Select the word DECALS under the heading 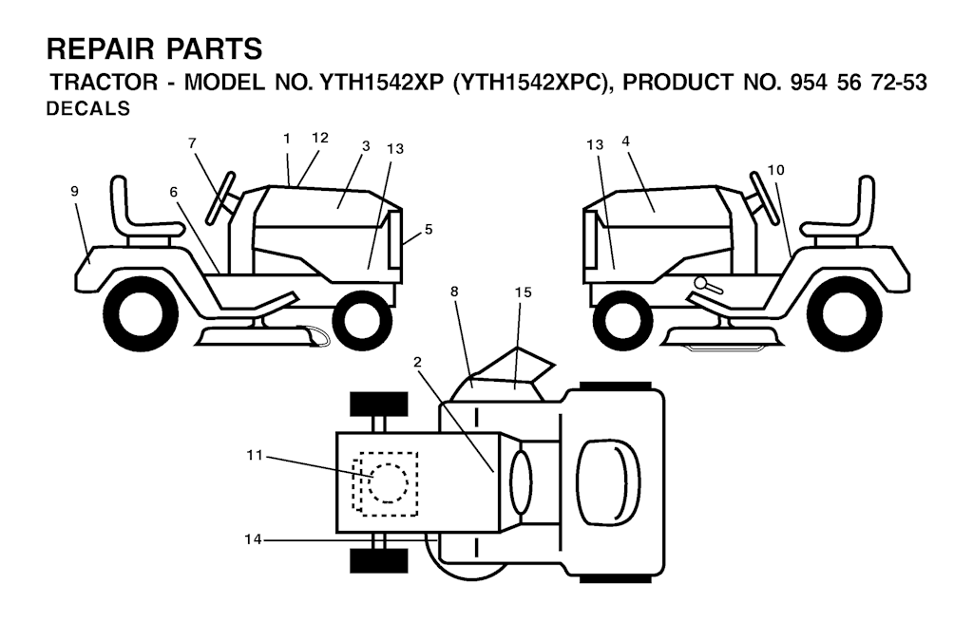tap(88, 109)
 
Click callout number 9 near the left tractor tap(74, 192)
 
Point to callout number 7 tap(192, 143)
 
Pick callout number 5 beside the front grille tap(429, 230)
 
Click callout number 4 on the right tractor tap(625, 141)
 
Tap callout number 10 tap(775, 170)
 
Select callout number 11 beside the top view tap(255, 456)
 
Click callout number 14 tap(253, 540)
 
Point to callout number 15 tap(524, 292)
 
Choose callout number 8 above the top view tap(455, 291)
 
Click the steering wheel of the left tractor tap(221, 198)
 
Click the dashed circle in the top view tap(389, 483)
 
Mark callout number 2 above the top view tap(417, 362)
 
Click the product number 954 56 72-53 tap(858, 82)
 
